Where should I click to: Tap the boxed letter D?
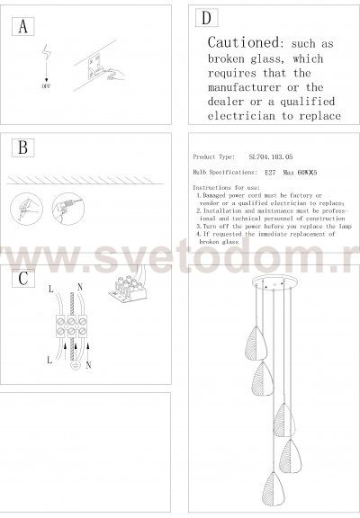pyautogui.click(x=206, y=19)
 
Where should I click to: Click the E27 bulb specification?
pyautogui.click(x=270, y=169)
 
